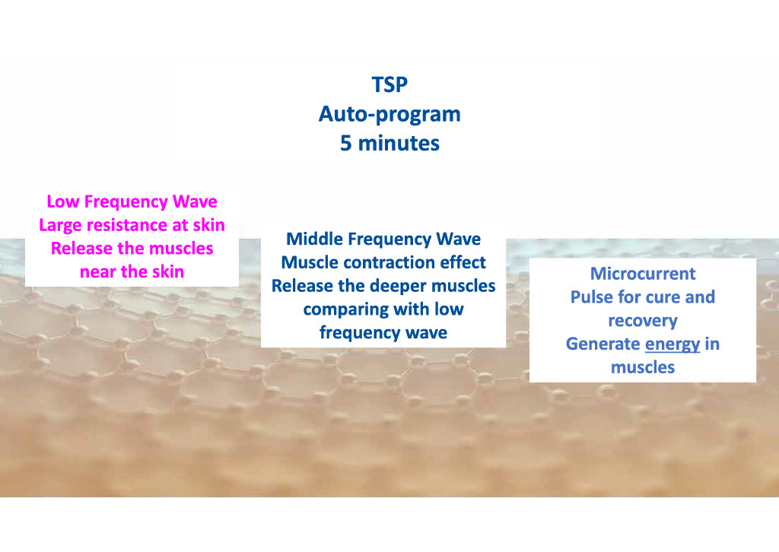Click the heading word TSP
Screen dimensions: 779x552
pos(389,85)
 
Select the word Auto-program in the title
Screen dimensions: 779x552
pos(389,115)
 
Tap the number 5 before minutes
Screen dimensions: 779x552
pos(346,144)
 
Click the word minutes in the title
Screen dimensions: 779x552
pos(399,144)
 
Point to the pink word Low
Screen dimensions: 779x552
pos(63,201)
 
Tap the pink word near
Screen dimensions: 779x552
pos(98,272)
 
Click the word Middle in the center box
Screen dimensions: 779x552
pos(314,239)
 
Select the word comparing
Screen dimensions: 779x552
pos(342,310)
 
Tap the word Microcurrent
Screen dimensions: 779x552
pos(643,274)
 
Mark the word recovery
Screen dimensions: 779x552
pos(643,321)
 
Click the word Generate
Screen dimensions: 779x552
pos(603,344)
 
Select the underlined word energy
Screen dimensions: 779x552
pos(672,344)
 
